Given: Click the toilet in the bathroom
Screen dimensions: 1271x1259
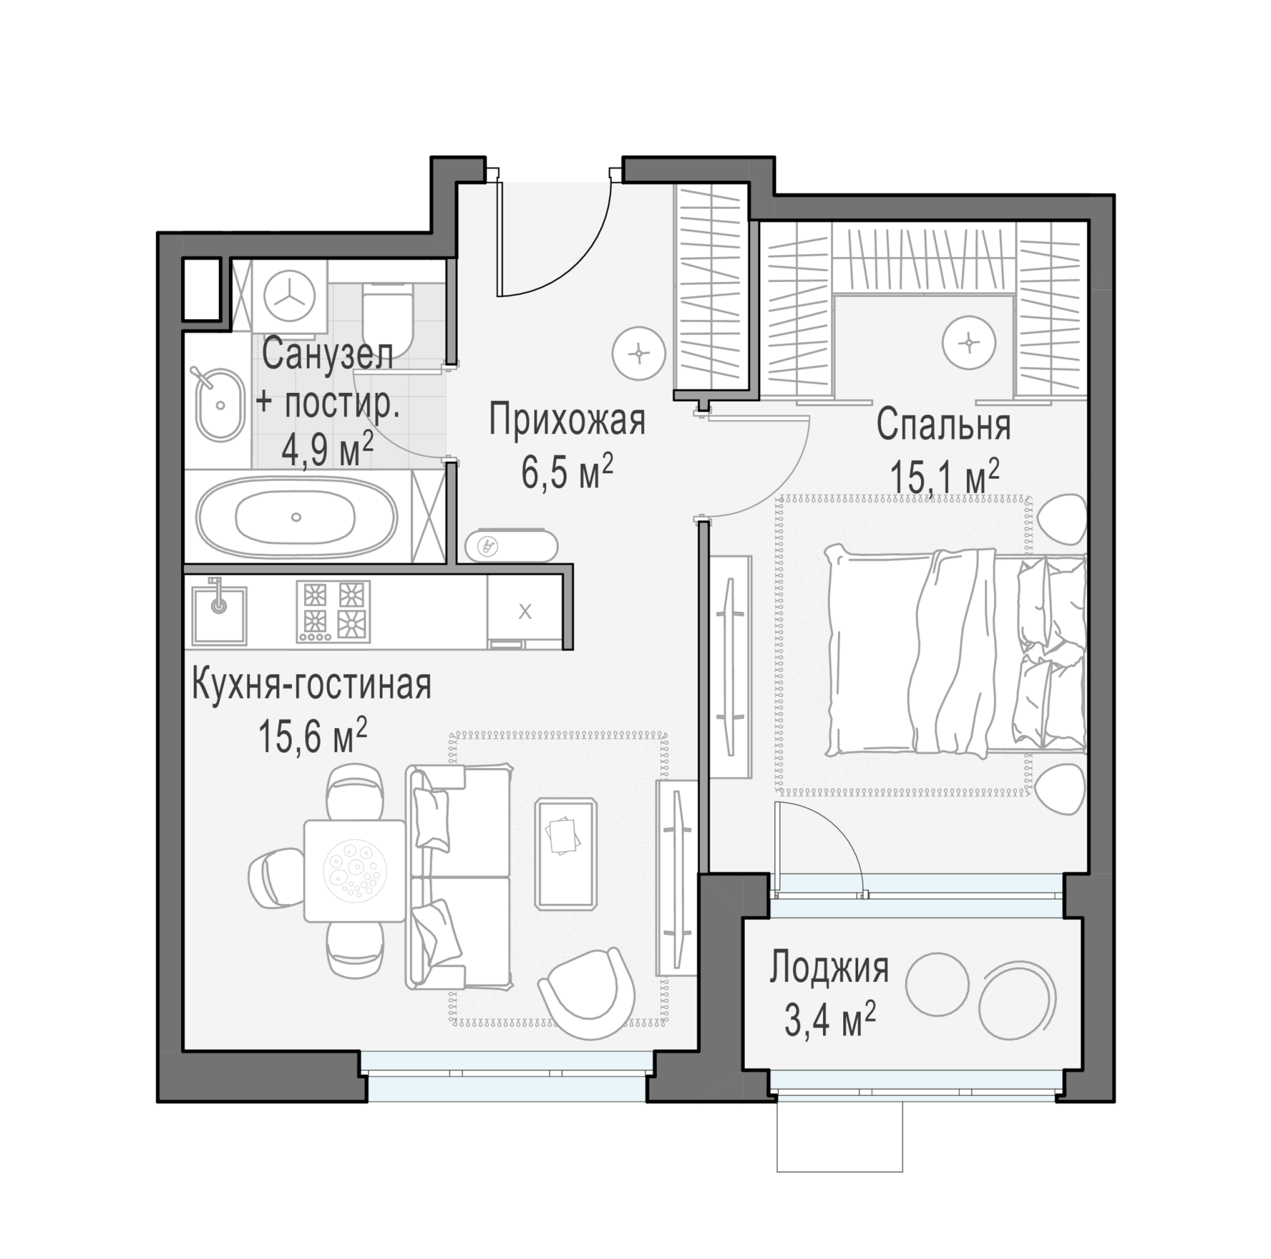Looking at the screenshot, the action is pyautogui.click(x=387, y=319).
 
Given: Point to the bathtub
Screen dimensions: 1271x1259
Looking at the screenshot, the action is pyautogui.click(x=298, y=517).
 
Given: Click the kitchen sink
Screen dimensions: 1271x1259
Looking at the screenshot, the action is pyautogui.click(x=219, y=616).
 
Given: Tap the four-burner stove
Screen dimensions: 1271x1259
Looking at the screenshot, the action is pyautogui.click(x=333, y=611).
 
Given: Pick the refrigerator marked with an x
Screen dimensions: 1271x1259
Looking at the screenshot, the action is pyautogui.click(x=525, y=611).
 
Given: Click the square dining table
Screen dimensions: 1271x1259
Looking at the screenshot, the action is pyautogui.click(x=354, y=871).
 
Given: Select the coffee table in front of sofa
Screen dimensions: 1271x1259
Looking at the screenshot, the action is pyautogui.click(x=566, y=854).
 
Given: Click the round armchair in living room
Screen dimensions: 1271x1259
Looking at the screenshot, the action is pyautogui.click(x=588, y=994).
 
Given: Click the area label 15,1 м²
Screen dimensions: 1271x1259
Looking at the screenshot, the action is pyautogui.click(x=944, y=475).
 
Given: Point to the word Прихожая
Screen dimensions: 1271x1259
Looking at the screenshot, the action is pyautogui.click(x=567, y=421).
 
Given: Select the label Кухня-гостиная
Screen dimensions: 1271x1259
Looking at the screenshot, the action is pyautogui.click(x=312, y=685).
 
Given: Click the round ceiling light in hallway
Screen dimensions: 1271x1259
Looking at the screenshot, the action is pyautogui.click(x=639, y=353).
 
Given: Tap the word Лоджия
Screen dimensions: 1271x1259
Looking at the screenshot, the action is pyautogui.click(x=829, y=969).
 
